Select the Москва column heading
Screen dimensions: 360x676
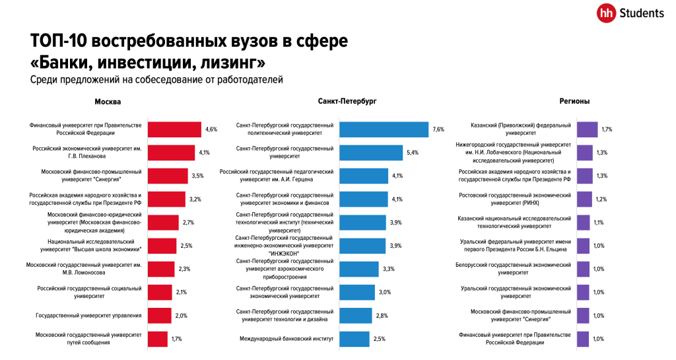coord(108,102)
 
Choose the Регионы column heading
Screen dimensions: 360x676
coord(574,102)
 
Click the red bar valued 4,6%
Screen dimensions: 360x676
coord(174,129)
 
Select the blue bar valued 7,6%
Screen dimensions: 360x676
coord(384,129)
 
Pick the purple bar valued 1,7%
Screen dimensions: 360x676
coord(587,129)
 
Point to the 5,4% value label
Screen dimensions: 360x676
coord(413,153)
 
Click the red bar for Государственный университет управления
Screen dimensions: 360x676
coord(159,316)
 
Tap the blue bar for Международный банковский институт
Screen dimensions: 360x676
coord(354,339)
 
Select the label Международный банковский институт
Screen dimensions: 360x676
coord(287,339)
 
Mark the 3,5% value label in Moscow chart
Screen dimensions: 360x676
coord(197,176)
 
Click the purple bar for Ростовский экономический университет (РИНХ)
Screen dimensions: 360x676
coord(585,199)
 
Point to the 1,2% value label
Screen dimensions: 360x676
coord(600,199)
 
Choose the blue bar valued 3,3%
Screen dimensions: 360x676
coord(358,269)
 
